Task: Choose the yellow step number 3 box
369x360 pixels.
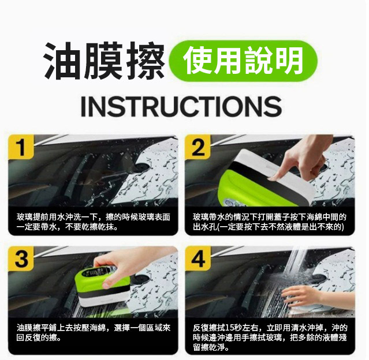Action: pos(21,259)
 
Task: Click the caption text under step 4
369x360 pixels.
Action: pos(269,337)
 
